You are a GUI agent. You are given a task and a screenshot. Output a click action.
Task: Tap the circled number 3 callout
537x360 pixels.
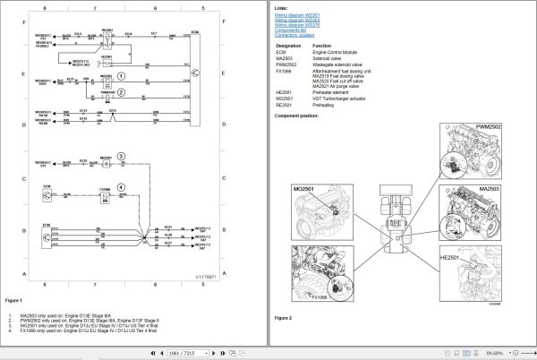click(x=134, y=155)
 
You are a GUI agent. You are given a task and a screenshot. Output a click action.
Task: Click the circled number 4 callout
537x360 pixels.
click(x=134, y=185)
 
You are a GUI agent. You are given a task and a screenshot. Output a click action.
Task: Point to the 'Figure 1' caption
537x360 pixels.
click(x=13, y=299)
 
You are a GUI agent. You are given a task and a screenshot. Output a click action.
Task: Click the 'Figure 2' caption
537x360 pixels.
click(x=284, y=317)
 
